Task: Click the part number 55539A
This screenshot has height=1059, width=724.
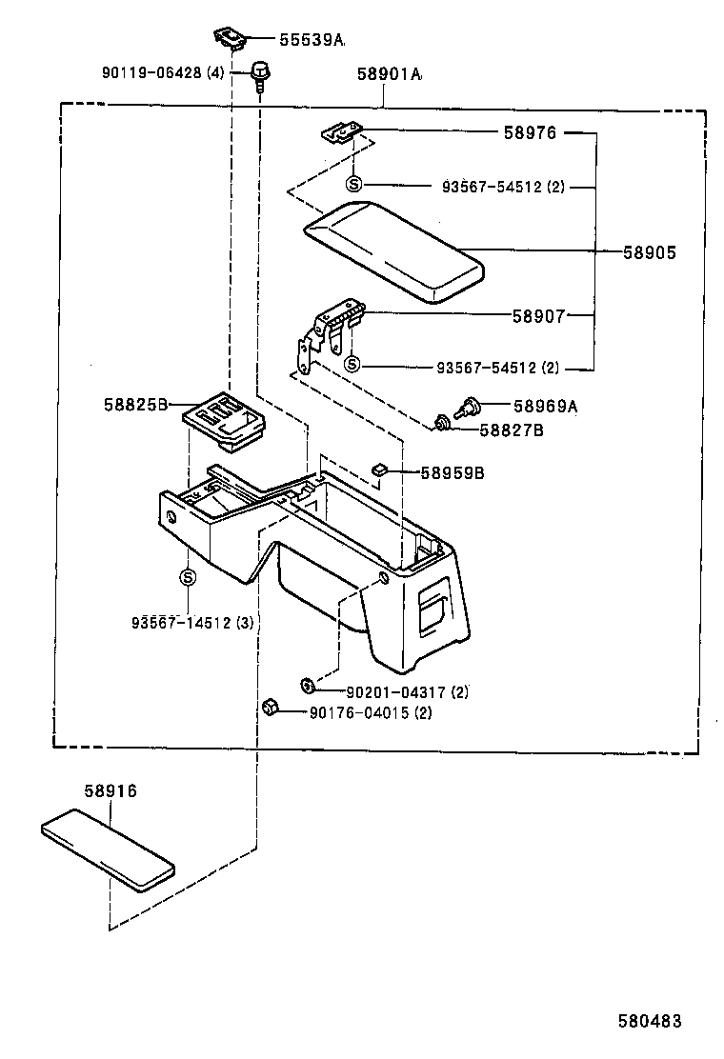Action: click(311, 40)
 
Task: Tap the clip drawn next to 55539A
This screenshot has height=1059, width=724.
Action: click(229, 35)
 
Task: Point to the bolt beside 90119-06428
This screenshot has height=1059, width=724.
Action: click(258, 72)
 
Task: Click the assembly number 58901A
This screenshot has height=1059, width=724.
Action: click(390, 74)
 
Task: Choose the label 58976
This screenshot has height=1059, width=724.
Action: click(530, 133)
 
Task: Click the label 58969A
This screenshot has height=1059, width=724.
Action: click(546, 407)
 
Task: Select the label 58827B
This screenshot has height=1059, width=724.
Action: click(512, 430)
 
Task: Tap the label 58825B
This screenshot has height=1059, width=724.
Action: click(135, 405)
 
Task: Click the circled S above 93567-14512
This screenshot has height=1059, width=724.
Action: click(188, 576)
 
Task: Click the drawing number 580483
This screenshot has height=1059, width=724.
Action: click(650, 1021)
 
